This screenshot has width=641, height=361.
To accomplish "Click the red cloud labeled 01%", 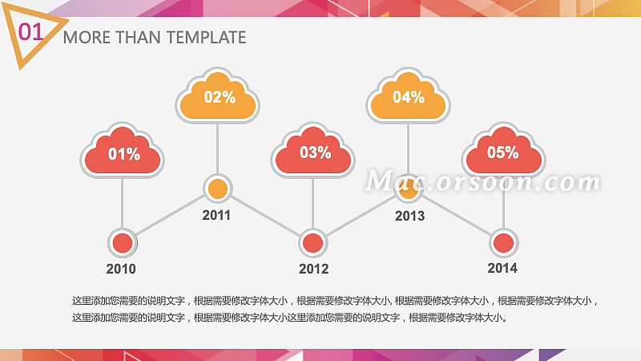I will coord(123,152).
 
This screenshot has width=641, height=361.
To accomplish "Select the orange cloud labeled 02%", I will coord(218,97).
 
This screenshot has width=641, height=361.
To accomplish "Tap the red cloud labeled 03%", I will coord(313,152).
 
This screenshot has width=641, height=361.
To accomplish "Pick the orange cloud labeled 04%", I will coord(409,97).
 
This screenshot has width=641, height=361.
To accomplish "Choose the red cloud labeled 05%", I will coord(503,152).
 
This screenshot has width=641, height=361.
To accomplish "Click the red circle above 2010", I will coord(123,242).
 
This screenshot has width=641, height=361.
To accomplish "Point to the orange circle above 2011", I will coord(217,189).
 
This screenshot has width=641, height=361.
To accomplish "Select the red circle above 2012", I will coord(313,242).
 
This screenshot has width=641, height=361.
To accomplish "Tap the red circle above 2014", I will coord(503,242).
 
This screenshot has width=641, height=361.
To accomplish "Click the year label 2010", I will coord(121,270).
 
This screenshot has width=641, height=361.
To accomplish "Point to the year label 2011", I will coord(216,215).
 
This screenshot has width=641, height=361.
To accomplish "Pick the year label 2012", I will coord(313,270).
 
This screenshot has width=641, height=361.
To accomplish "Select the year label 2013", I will coord(409,216).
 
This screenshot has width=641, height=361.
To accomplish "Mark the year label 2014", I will coord(502,269).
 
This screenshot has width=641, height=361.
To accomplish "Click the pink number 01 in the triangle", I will coord(30,32).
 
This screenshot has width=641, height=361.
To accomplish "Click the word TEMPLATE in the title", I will coord(206,37).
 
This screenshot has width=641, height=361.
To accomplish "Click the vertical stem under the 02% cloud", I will coord(218,148).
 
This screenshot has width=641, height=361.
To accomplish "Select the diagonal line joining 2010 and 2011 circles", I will coord(170,215).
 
